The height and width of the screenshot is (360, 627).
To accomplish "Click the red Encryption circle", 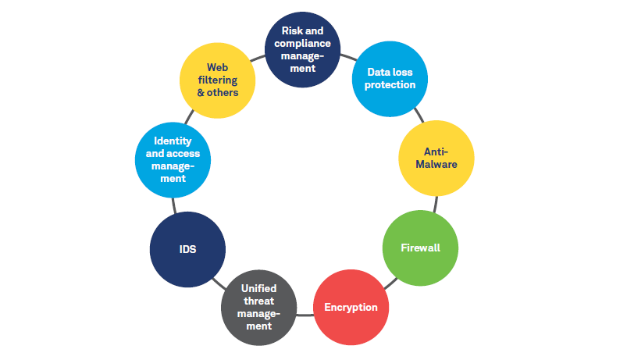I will (351, 307).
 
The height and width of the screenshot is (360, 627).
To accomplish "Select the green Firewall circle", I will (420, 248).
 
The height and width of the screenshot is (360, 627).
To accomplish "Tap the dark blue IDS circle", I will (187, 250).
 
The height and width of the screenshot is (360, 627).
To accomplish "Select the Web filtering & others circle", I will (217, 80).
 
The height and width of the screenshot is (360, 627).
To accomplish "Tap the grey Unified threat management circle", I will (259, 307).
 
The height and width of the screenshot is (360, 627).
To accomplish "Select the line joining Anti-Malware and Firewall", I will (434, 204).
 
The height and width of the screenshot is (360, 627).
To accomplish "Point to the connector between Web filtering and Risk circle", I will (258, 58).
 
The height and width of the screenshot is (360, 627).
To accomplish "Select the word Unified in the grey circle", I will (258, 288).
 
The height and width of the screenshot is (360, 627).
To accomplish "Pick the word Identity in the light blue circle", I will (173, 141).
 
